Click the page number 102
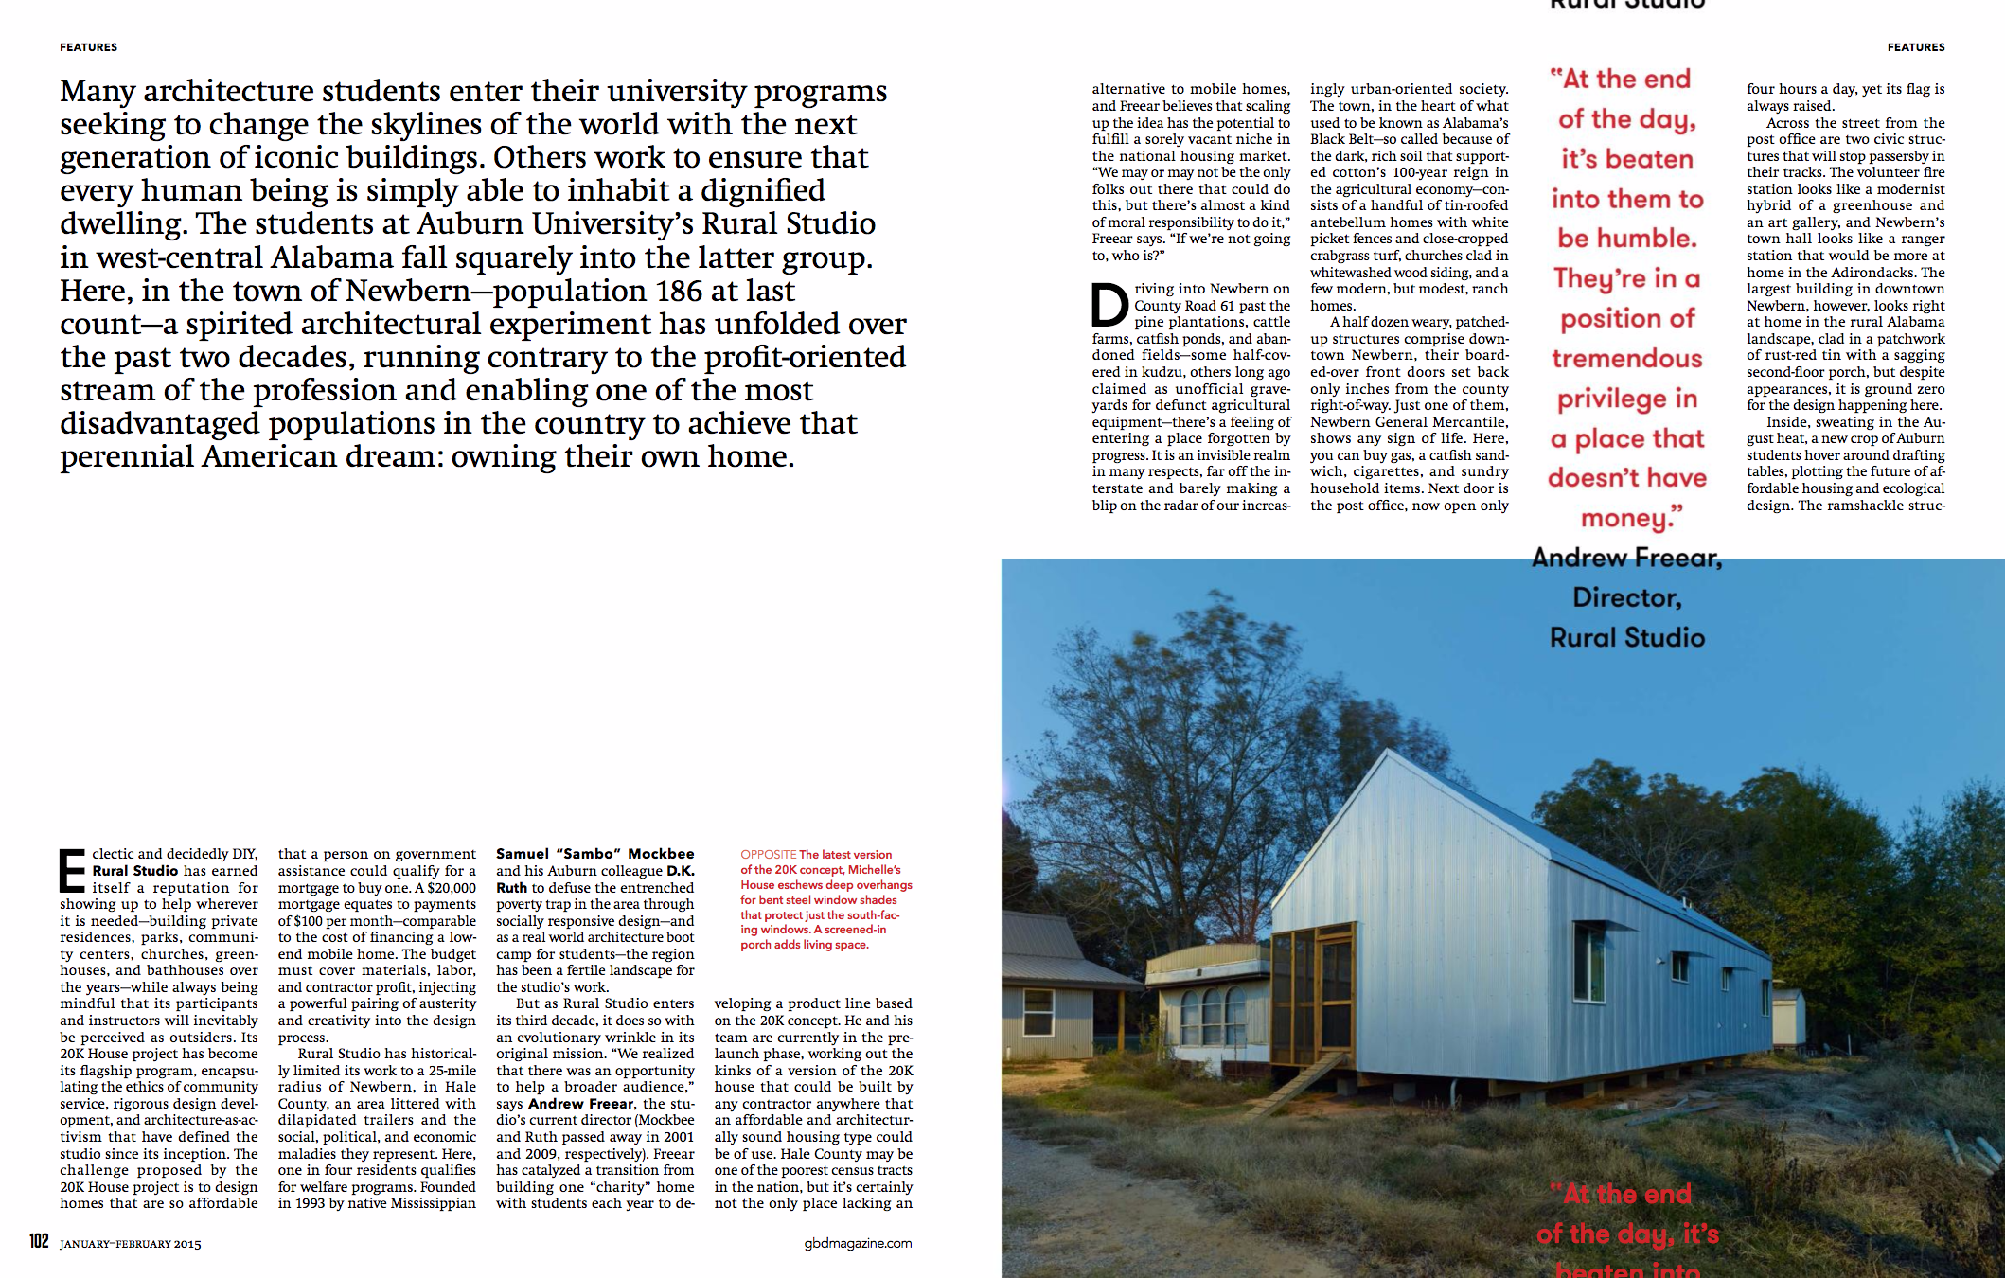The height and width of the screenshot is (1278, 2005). pyautogui.click(x=39, y=1241)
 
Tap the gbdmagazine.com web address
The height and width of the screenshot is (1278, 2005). pyautogui.click(x=858, y=1243)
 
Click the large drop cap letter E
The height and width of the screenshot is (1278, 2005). pyautogui.click(x=72, y=871)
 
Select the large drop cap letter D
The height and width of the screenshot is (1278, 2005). pyautogui.click(x=1109, y=305)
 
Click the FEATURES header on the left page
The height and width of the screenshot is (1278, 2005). pyautogui.click(x=89, y=47)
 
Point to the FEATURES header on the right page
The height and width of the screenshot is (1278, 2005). pyautogui.click(x=1915, y=47)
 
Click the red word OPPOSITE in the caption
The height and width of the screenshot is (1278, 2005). pyautogui.click(x=768, y=855)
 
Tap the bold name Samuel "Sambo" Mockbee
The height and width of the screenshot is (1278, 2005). pyautogui.click(x=594, y=854)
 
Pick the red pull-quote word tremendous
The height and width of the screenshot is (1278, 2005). pyautogui.click(x=1626, y=359)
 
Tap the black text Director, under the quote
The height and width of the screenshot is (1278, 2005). pyautogui.click(x=1626, y=597)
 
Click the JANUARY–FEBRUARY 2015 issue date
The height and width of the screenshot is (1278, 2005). pyautogui.click(x=131, y=1244)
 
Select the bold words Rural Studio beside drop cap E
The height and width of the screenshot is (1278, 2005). pyautogui.click(x=135, y=871)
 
